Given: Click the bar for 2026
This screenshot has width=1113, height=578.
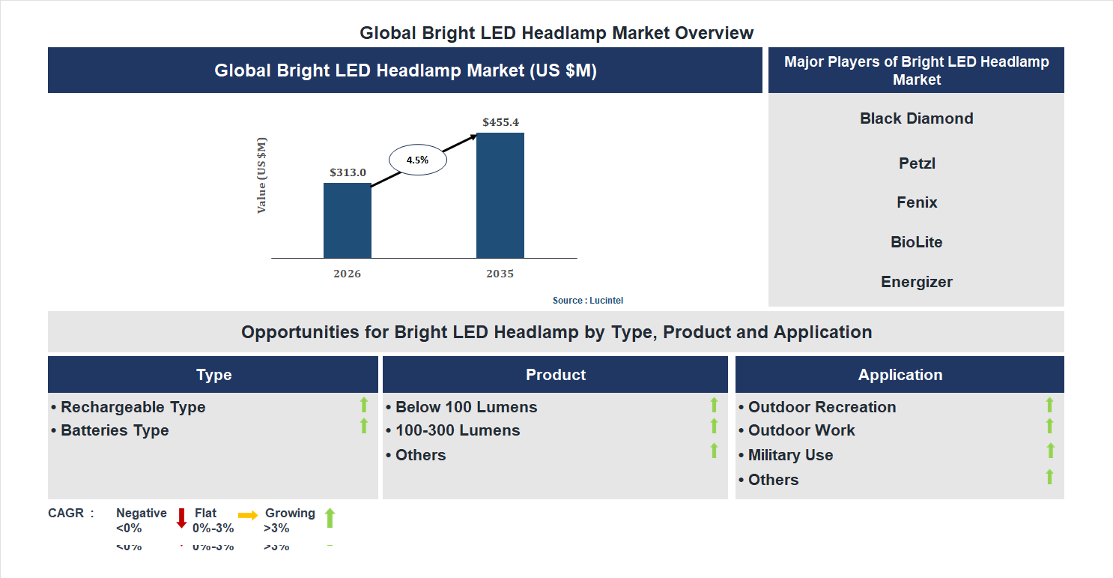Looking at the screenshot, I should pos(347,220).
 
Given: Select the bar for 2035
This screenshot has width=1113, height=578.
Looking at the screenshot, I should pos(500,196).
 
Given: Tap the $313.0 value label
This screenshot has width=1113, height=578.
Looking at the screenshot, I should pos(348,172).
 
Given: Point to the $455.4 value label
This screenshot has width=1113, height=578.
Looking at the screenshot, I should pos(500,122).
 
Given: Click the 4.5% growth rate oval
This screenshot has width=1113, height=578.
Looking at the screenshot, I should pos(417,160).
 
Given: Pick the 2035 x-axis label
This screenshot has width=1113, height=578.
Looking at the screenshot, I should pos(500,274).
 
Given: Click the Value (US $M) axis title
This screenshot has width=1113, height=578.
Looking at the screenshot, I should pos(261,175).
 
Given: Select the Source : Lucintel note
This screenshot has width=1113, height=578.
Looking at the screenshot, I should pos(587,301).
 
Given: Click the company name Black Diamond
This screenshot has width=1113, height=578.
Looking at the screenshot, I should pos(916,118).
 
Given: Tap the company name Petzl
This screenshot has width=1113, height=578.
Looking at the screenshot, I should pos(917,163).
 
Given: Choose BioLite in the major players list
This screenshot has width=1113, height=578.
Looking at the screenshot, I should pos(916,242).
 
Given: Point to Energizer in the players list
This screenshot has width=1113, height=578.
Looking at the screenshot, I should pos(916,282).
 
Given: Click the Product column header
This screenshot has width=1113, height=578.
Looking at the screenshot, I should pos(555,375).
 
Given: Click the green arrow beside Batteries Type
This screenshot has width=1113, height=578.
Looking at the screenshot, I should pos(364,426).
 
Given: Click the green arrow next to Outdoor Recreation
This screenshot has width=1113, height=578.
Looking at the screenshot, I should pos(1049,405).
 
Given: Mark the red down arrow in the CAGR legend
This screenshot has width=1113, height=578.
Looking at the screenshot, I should pos(181,518).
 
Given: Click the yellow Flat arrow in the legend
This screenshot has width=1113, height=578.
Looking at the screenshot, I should pos(248,515).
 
